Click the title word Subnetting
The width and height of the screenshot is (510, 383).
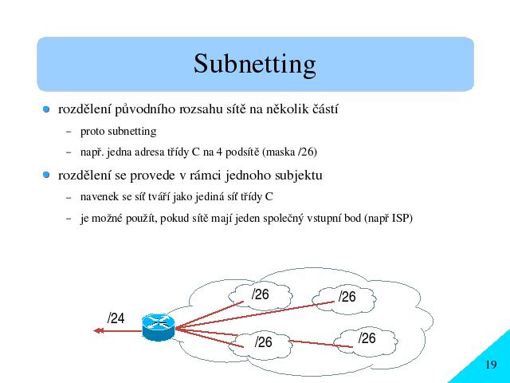255,64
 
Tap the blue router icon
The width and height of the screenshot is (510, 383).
158,327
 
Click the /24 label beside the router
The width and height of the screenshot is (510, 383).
116,318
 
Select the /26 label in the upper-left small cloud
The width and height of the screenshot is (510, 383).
261,294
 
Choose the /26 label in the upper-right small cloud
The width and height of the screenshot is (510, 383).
347,297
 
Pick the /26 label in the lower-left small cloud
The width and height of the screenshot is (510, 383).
264,342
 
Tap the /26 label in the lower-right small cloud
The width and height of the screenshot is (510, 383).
367,338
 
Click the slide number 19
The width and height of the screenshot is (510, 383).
491,365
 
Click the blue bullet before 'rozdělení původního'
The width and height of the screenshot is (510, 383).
46,109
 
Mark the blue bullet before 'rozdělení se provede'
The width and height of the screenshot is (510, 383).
46,175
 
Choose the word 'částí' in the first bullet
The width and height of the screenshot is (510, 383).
325,109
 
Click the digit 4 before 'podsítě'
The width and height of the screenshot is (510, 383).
219,152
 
